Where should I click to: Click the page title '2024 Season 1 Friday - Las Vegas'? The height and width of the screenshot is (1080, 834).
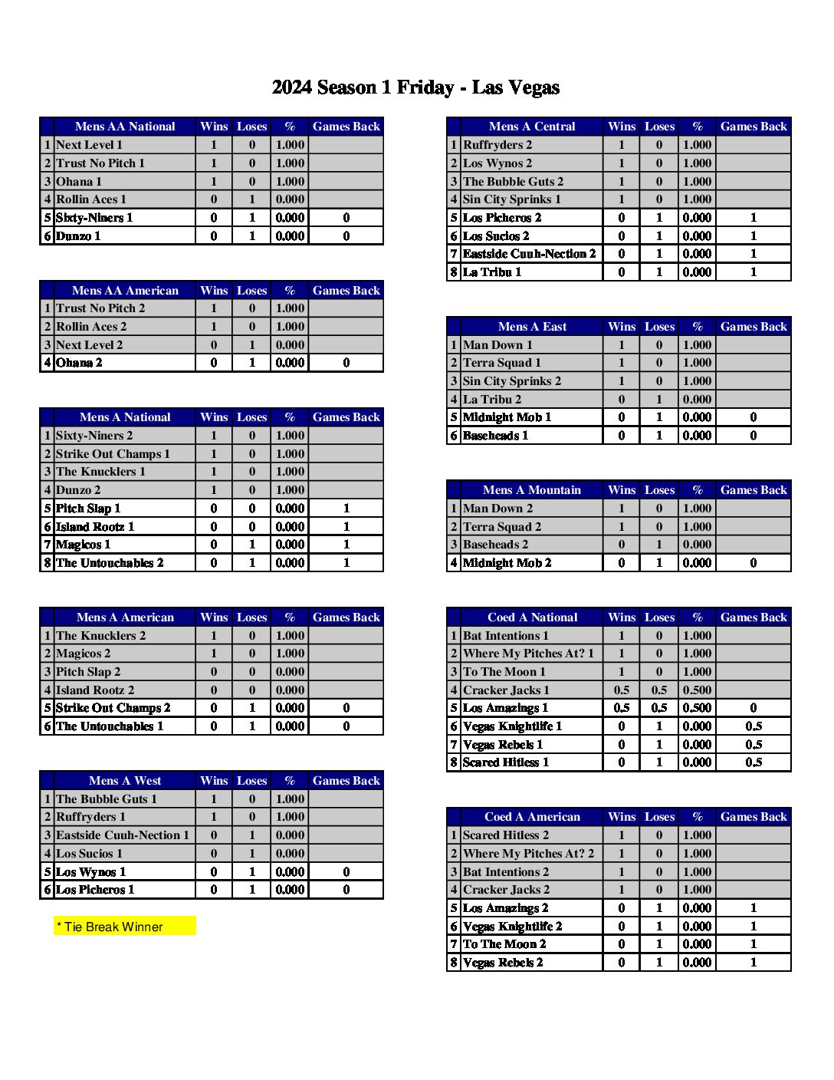[415, 87]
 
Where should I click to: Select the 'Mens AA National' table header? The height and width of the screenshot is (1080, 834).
[125, 127]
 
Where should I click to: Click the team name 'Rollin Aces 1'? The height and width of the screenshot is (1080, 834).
[91, 199]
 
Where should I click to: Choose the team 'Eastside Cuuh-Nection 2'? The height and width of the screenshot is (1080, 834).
[529, 254]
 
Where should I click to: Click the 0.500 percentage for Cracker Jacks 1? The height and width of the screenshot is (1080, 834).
[697, 690]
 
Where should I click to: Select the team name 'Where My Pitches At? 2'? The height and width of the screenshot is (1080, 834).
[528, 854]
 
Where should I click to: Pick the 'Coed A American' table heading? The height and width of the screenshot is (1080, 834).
[532, 817]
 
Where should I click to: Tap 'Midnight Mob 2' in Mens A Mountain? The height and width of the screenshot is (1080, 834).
[507, 563]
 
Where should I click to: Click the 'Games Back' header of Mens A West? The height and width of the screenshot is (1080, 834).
[346, 781]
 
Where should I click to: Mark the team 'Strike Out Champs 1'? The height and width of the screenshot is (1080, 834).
[113, 454]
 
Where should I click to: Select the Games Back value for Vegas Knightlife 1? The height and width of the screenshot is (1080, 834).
[754, 726]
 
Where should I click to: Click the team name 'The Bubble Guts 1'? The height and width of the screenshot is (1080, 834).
[107, 799]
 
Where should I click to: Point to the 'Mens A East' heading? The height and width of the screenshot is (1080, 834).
[532, 327]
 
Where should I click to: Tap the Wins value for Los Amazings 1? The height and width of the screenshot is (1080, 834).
[622, 708]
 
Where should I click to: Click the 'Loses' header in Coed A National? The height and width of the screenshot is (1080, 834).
[659, 617]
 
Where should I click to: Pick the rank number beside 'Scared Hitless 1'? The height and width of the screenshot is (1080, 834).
[454, 762]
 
